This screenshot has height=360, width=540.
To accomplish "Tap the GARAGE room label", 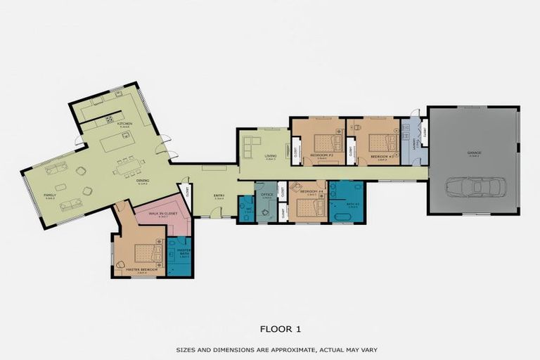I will coord(474,152).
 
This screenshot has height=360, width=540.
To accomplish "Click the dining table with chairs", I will coord(127,167).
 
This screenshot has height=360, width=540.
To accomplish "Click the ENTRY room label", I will coord(219,196).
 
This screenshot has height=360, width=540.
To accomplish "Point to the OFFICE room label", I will coord(266,194).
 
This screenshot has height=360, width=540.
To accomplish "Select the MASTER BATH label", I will coord(184,251).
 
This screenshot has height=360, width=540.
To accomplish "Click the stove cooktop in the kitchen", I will coord(110,119).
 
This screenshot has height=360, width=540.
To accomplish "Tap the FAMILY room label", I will coord(50,195).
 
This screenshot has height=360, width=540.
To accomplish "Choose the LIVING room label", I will coord(270,155).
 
